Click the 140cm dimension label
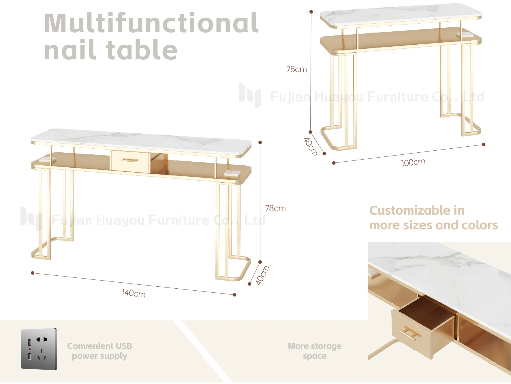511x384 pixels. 134,293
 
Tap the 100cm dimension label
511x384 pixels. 413,162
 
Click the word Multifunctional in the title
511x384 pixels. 151,23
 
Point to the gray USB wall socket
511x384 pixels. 39,349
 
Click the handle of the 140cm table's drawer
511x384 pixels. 129,160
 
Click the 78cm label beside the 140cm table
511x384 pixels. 275,208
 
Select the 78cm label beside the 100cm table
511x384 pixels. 296,69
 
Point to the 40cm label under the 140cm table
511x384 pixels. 262,275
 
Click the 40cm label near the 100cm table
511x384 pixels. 311,147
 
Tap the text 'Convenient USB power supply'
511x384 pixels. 99,351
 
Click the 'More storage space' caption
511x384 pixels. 315,351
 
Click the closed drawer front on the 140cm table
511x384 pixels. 130,161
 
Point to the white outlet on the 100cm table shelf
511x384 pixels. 465,34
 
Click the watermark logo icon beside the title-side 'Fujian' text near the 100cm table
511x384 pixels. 250,95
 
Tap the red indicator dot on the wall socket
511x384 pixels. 30,349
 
